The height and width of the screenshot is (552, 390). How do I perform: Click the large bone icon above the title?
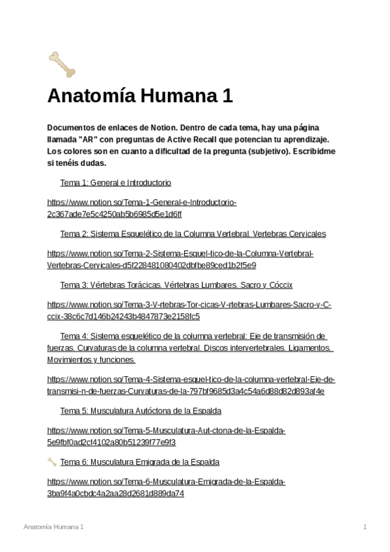tap(62, 63)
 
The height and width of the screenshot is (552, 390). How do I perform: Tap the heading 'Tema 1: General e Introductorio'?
tap(116, 183)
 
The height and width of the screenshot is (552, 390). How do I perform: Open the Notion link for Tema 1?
tap(142, 208)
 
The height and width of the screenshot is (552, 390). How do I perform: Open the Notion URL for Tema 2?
tap(180, 259)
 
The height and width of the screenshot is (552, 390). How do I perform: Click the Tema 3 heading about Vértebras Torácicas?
tap(176, 285)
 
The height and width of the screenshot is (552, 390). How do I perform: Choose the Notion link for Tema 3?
tap(189, 310)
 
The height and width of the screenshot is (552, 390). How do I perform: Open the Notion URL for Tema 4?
tap(191, 385)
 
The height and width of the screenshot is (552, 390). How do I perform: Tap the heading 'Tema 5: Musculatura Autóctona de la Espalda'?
tap(141, 411)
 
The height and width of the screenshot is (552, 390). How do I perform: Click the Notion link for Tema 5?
tap(166, 437)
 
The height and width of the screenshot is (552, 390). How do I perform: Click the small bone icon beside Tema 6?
tap(52, 462)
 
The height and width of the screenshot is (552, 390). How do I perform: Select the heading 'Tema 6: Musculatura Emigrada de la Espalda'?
tap(139, 462)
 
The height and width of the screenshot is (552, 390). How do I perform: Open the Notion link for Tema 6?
tap(166, 488)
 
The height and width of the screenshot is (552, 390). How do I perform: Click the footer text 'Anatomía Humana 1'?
tap(53, 526)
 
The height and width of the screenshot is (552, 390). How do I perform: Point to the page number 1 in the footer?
tap(365, 526)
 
